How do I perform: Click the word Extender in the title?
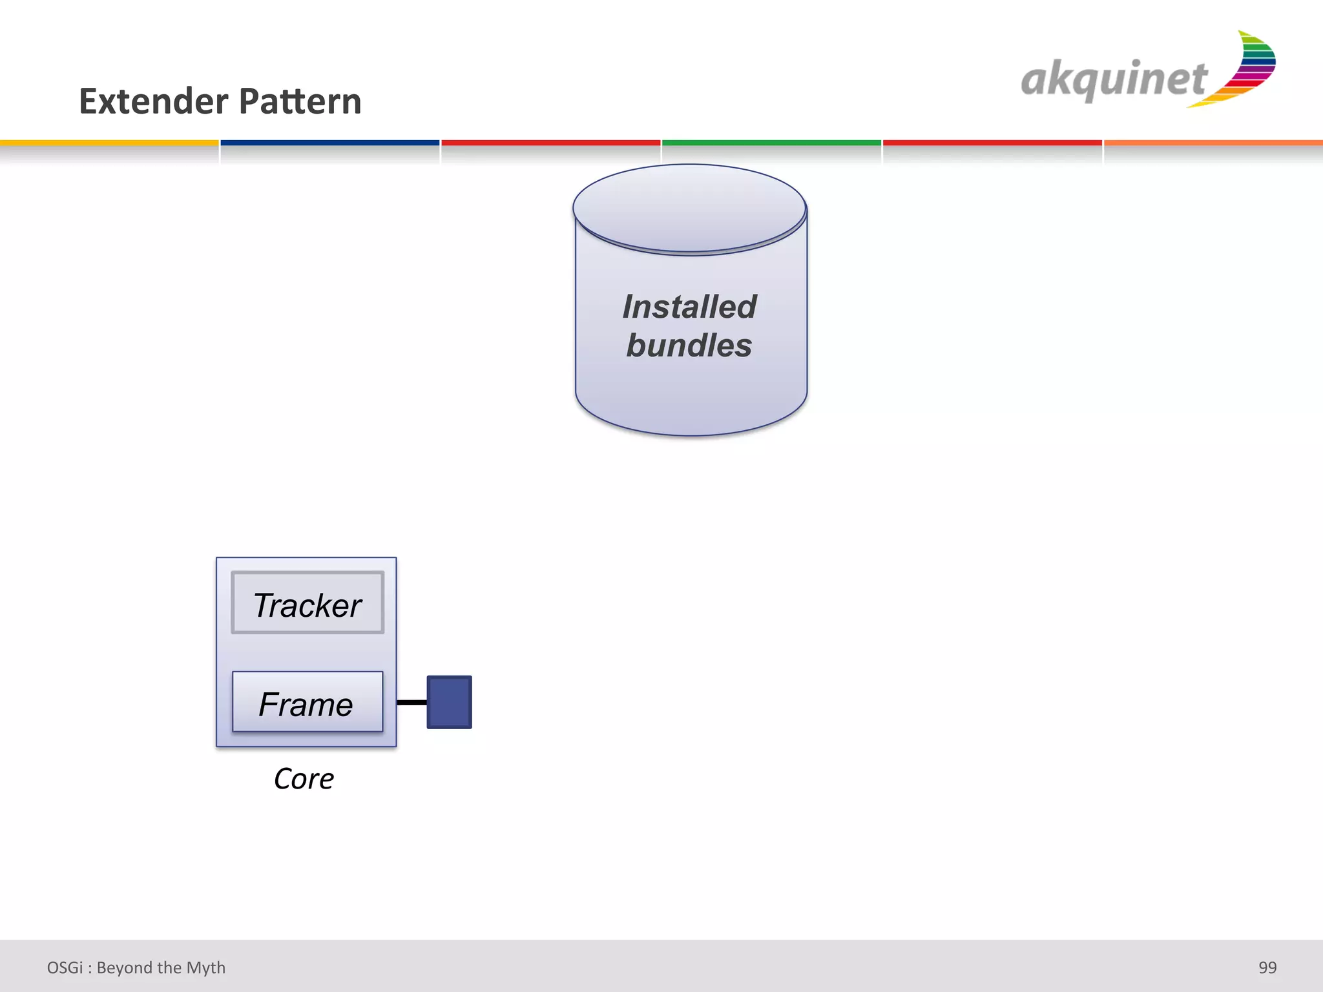[153, 102]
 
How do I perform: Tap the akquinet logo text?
[1113, 80]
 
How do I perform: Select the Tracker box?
[307, 603]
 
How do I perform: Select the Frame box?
[307, 703]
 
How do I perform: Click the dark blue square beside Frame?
[449, 702]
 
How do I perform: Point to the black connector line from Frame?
[411, 702]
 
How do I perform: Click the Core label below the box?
[304, 779]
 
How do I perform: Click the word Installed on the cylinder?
[689, 307]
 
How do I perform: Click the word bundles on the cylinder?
[689, 346]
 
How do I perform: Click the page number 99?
[1267, 967]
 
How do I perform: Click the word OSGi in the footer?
[65, 967]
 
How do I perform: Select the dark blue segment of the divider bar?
[329, 143]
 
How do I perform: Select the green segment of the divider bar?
[771, 143]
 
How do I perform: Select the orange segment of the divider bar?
[1213, 143]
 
